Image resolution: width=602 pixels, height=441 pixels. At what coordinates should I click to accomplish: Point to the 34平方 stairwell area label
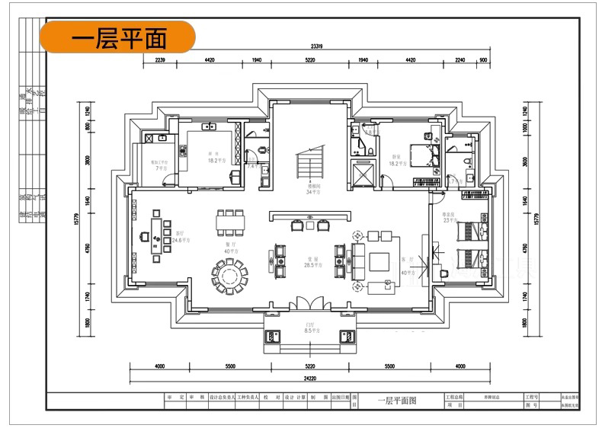tap(311, 191)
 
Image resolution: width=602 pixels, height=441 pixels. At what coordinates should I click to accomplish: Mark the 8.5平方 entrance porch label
tap(310, 331)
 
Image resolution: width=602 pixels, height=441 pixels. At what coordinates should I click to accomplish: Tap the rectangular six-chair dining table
tap(230, 222)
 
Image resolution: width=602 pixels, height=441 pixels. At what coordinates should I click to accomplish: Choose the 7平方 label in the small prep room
tap(161, 168)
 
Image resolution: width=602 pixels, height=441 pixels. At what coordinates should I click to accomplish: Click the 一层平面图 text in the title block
tap(397, 401)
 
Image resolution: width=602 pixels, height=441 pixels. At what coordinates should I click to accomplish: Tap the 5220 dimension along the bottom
tap(309, 366)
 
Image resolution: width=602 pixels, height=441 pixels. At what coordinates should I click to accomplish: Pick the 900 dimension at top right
tap(483, 59)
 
